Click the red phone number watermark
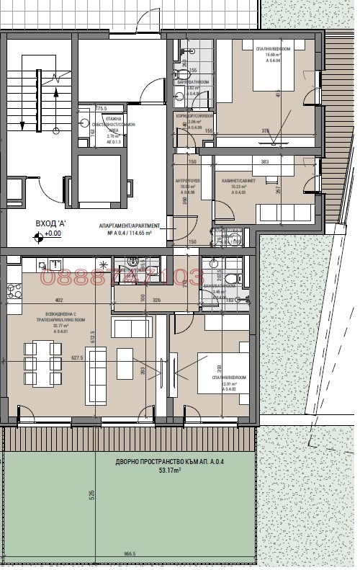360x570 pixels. pos(122,277)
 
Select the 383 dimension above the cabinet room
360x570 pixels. pos(264,162)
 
